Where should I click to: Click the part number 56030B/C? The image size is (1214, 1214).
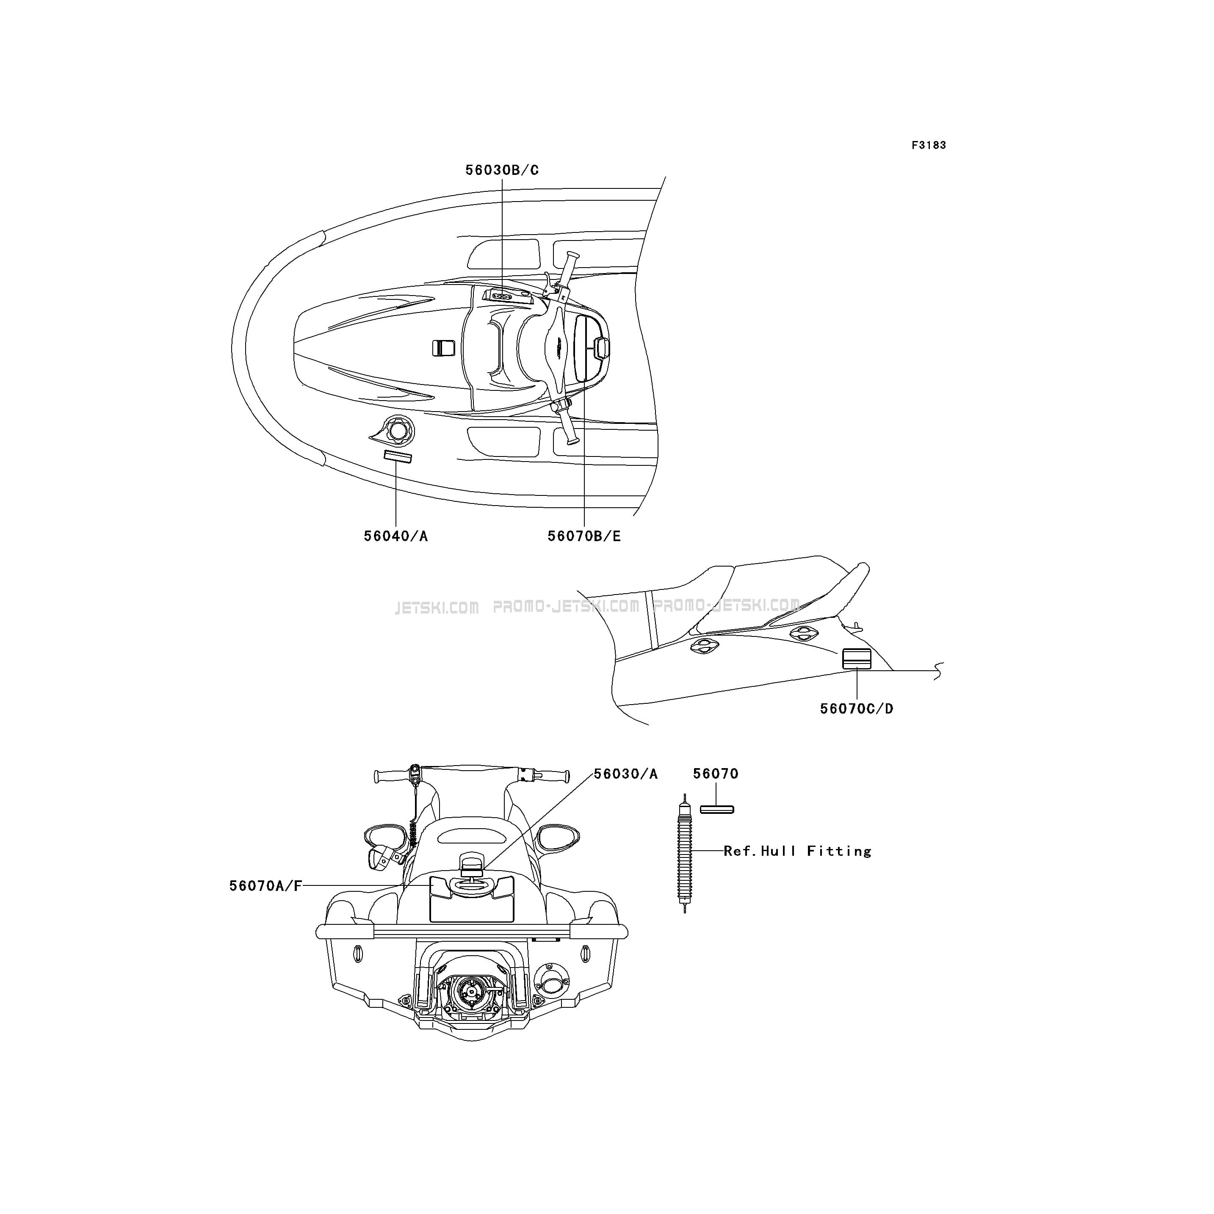coord(502,170)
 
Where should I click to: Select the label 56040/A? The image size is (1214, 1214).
coord(396,536)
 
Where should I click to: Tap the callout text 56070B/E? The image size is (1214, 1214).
coord(584,536)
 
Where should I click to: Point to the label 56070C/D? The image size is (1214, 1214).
coord(857,709)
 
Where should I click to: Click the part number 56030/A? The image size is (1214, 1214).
coord(626,774)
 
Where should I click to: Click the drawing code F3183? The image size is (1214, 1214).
coord(929,145)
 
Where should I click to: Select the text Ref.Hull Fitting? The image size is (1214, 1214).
coord(797,852)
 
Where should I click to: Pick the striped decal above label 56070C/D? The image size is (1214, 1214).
coord(857,658)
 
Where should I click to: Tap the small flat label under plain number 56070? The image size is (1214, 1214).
coord(717,809)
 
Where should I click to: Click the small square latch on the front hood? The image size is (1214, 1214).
coord(444,348)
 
